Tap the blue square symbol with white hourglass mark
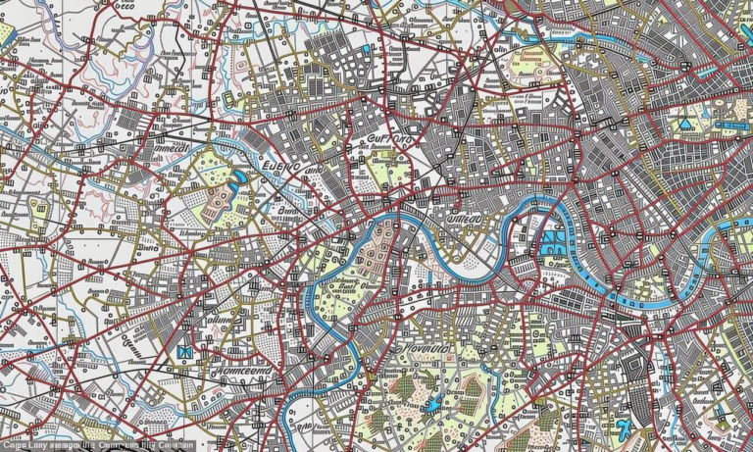click(184, 352)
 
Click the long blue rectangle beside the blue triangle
click(729, 126)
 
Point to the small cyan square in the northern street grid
click(368, 48)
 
